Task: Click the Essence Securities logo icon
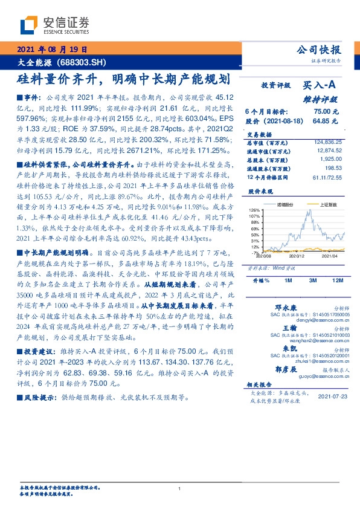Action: click(x=28, y=26)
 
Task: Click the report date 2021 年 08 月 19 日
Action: click(x=50, y=50)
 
